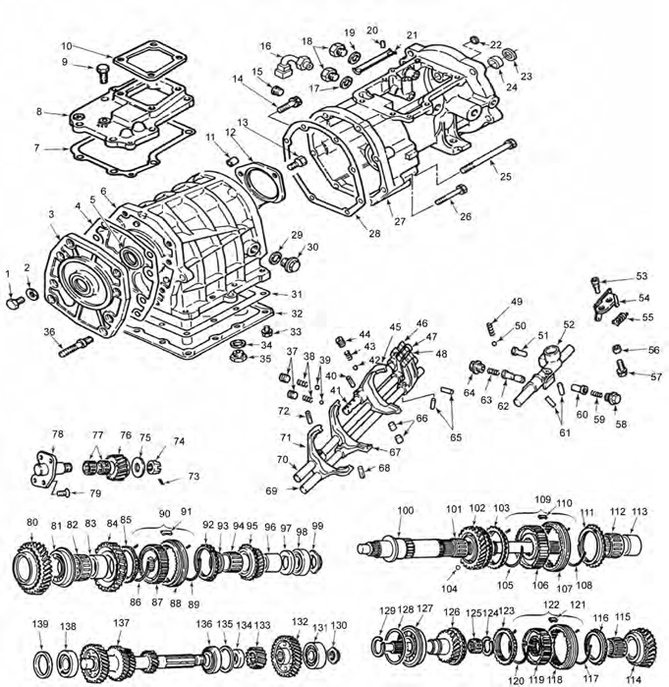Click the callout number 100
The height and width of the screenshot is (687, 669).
[405, 511]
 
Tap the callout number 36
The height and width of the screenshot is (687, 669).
[49, 332]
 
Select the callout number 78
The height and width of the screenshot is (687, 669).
[58, 433]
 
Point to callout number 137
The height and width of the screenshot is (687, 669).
[120, 623]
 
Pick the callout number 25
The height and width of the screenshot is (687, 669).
[507, 177]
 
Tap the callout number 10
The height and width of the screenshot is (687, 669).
[66, 45]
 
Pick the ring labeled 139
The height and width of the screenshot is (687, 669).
[42, 659]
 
